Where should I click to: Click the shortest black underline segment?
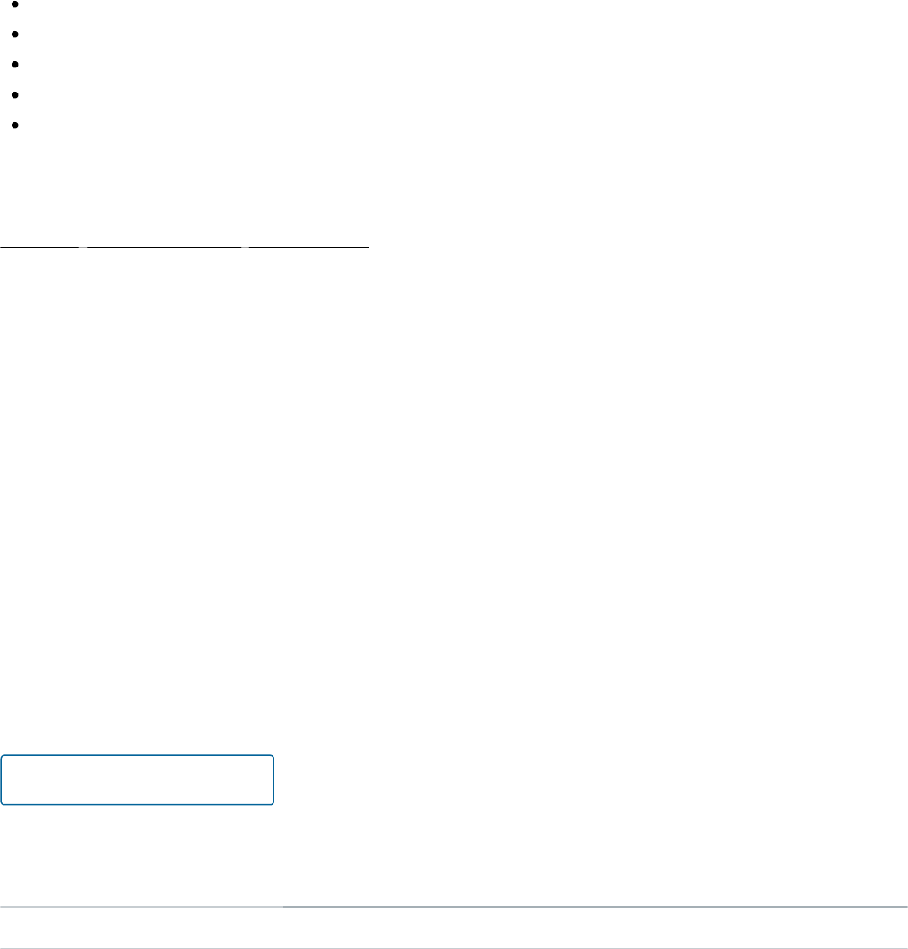point(40,248)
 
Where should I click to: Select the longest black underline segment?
point(164,248)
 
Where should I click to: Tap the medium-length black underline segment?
point(309,248)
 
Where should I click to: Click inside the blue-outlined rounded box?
point(137,781)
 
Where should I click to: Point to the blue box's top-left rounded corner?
point(3,758)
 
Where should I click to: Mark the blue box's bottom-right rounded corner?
point(271,802)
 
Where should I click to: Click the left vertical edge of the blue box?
point(2,781)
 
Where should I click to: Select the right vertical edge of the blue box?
point(273,781)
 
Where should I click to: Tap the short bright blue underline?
point(337,935)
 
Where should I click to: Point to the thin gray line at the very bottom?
point(454,947)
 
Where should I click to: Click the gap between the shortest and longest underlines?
point(83,248)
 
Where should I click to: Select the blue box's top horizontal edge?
point(137,756)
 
